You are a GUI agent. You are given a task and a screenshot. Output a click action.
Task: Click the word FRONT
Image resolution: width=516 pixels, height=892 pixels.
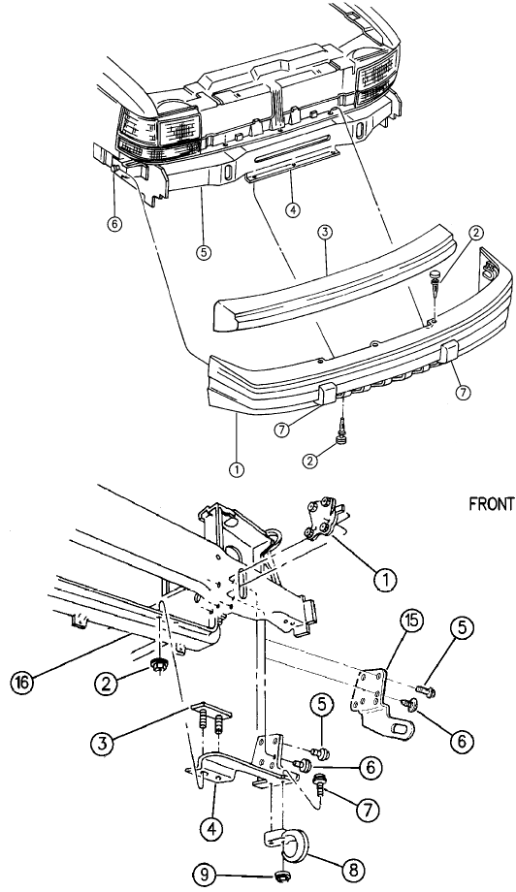(x=492, y=504)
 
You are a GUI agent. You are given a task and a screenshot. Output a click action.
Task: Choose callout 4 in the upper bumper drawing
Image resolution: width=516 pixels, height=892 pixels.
(x=292, y=210)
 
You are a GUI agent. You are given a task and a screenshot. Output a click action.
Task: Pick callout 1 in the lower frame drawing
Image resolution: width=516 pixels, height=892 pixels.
(x=386, y=579)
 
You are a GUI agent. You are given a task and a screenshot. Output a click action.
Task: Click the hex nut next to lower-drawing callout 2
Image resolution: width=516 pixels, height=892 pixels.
(x=159, y=664)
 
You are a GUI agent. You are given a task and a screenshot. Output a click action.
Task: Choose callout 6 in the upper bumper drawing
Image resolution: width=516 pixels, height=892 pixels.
(x=114, y=225)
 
